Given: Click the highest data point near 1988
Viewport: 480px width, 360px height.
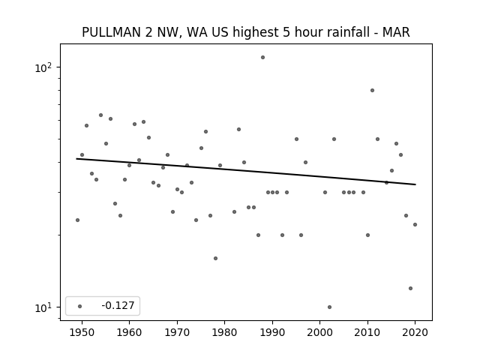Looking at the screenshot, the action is click(262, 57).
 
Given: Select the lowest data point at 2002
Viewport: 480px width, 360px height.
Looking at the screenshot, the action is click(329, 307).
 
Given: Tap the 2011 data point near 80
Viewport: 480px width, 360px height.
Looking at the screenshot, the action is click(372, 90).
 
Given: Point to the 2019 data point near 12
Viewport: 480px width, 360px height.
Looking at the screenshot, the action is click(410, 288).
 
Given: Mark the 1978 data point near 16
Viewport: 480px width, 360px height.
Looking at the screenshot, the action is click(215, 258).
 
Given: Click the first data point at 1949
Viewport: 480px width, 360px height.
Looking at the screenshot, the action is click(77, 220).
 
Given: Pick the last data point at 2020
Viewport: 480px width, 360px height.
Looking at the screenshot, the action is click(415, 224).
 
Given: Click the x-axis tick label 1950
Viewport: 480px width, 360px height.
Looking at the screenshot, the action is click(82, 332).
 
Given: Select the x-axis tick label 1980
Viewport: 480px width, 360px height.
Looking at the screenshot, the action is click(224, 332).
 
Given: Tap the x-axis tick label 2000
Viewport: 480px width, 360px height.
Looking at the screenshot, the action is click(319, 332).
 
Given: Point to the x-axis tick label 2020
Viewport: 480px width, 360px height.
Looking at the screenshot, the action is click(415, 332).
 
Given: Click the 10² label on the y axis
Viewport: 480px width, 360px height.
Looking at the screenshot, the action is click(43, 67).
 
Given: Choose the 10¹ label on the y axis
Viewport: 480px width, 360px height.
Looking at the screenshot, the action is click(43, 307).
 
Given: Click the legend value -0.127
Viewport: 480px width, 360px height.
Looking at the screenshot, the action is click(118, 305).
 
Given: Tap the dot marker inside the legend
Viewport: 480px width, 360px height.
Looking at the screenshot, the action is click(79, 306).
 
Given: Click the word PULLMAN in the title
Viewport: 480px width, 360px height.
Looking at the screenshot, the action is click(112, 32).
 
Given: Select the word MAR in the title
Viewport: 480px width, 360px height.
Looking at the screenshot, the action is click(396, 32).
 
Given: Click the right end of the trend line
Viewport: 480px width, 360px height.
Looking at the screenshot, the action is click(415, 184).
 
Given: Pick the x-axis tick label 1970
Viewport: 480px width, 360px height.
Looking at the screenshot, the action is click(177, 332).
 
